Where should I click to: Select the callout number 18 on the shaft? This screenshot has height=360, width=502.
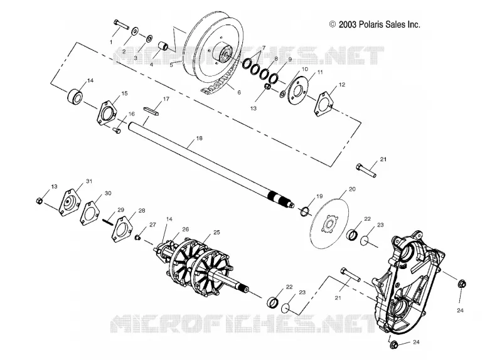coord(199,138)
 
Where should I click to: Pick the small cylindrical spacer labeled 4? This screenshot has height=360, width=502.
coord(164,45)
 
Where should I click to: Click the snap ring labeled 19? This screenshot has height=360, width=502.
coord(305,211)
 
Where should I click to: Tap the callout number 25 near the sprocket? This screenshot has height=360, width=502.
coord(216,232)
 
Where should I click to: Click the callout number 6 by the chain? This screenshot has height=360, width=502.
coord(239,92)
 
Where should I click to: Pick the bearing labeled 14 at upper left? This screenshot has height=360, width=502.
coord(75,95)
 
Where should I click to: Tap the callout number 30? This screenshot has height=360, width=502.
coord(108,193)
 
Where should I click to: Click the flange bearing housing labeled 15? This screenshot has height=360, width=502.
coord(107,114)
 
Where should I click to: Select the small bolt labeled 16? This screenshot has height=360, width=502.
coord(117,130)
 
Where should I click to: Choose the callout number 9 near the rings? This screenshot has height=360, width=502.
coord(290,59)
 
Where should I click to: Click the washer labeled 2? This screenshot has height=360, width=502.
coord(135,31)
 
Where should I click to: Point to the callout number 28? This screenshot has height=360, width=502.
coord(142,211)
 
